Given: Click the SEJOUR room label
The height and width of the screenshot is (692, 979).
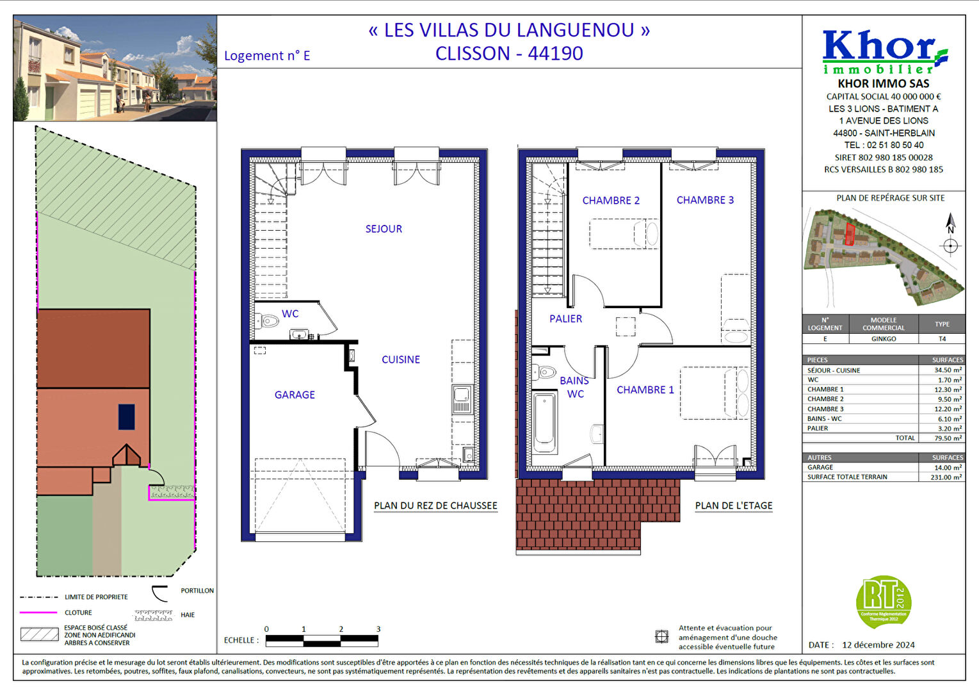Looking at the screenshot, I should [384, 229].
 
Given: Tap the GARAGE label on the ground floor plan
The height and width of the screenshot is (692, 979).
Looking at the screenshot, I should [295, 395].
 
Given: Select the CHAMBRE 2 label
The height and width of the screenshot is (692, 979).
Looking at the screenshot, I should [610, 201].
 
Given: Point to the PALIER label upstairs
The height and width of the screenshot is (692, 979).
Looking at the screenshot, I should [565, 318].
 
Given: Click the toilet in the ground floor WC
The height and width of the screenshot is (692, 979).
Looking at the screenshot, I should [268, 321].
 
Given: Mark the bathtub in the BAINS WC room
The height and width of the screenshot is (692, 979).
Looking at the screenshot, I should [544, 422].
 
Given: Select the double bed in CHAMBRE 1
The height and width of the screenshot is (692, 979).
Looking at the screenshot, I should [714, 393].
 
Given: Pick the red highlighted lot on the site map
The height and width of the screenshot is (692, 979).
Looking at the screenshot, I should [850, 234].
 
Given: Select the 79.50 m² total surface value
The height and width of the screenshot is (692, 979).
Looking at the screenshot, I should [948, 438].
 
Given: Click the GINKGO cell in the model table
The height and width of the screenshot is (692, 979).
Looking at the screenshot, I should [884, 339].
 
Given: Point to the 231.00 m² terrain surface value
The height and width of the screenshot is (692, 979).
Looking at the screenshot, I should [948, 477].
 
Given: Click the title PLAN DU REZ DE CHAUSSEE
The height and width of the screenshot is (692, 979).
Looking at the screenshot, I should [435, 506].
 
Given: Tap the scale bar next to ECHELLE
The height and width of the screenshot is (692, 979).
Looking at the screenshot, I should [322, 639].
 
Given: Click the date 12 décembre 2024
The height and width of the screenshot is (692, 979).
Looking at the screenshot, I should [878, 645].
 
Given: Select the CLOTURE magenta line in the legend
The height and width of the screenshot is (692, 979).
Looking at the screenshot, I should [38, 613].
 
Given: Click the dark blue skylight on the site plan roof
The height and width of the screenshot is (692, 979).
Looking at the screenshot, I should [127, 416].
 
